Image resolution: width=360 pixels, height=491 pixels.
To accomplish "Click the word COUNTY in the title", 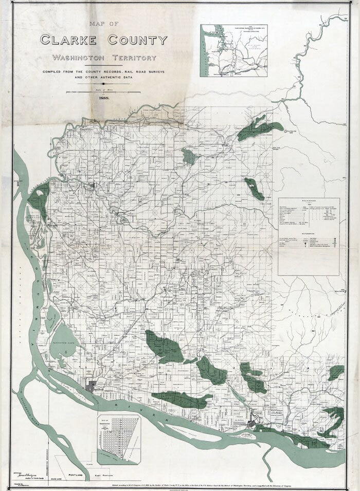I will point(137,40).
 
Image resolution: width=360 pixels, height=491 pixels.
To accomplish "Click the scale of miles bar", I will point(103,92).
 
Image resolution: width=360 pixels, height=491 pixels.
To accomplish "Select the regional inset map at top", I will point(233,50).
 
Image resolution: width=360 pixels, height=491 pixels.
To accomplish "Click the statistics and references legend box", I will point(309,237).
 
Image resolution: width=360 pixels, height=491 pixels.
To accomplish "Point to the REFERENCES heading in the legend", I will point(309,233).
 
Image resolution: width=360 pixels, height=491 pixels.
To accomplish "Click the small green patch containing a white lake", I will point(189,156).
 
